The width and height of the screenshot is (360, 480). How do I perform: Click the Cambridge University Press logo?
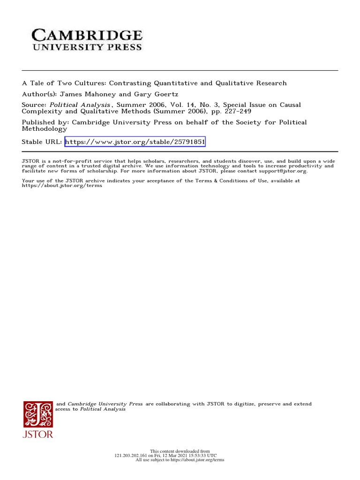(87, 39)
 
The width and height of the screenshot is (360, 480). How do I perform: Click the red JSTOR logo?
(38, 419)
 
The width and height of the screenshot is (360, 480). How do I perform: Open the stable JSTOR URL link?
(135, 142)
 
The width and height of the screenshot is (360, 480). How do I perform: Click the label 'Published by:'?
(45, 122)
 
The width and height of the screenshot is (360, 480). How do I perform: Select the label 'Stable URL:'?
(42, 142)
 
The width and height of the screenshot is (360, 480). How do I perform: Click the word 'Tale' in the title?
(40, 83)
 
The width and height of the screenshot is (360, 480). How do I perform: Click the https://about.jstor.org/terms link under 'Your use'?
(62, 186)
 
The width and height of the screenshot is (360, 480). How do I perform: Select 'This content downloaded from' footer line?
(180, 451)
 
